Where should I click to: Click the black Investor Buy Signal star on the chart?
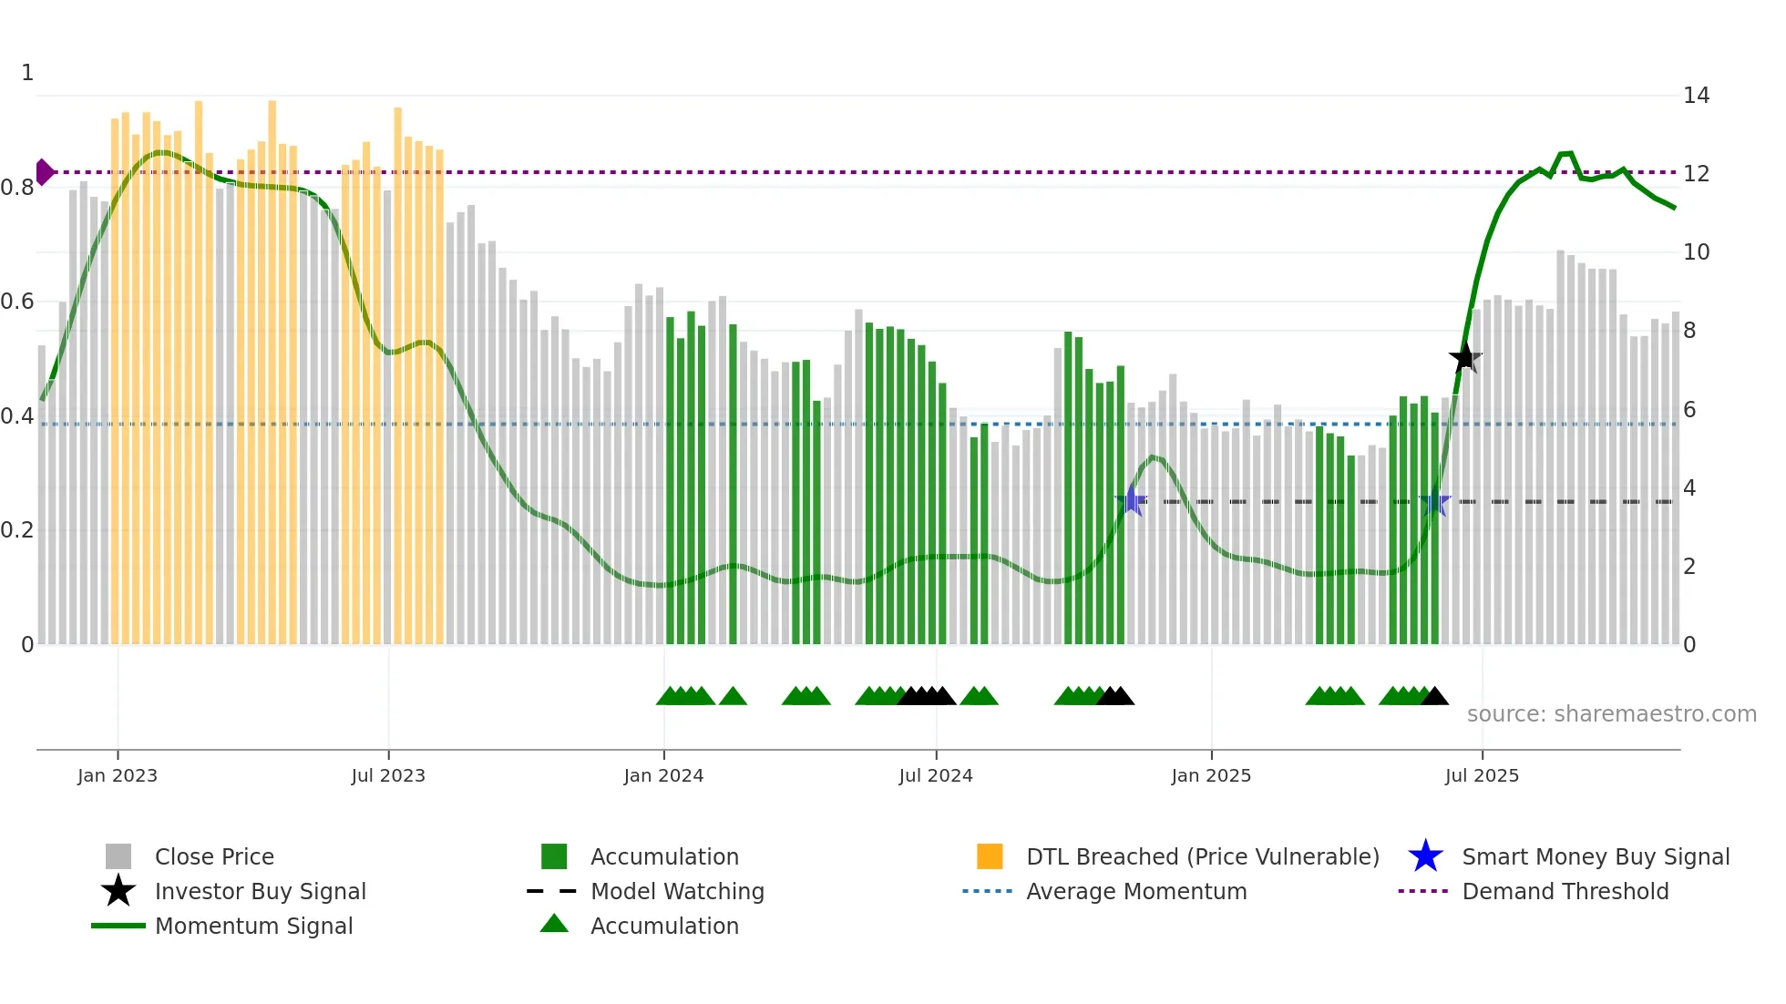pos(1464,358)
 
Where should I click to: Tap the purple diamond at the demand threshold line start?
pos(44,171)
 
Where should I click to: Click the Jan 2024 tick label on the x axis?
pos(663,775)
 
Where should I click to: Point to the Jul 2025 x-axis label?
pos(1482,775)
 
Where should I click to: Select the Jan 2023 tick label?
pos(117,775)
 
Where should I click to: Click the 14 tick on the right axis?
pos(1696,96)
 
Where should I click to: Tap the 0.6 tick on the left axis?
pos(16,302)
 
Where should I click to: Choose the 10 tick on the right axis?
pos(1696,252)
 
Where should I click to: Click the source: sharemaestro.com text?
pos(1611,714)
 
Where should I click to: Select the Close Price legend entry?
pos(214,856)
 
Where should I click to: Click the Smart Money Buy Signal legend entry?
pos(1595,856)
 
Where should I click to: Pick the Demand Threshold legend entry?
pos(1565,891)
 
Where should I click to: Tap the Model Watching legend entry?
pos(677,891)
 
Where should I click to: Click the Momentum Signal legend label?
pos(253,926)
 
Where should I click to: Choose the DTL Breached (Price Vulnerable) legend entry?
pos(1202,856)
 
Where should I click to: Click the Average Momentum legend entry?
pos(1136,891)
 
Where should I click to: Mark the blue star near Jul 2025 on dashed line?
pos(1434,501)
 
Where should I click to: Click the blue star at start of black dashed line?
pos(1131,500)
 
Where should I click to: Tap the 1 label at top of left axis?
pos(27,73)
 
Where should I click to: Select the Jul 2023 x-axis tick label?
pos(388,775)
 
